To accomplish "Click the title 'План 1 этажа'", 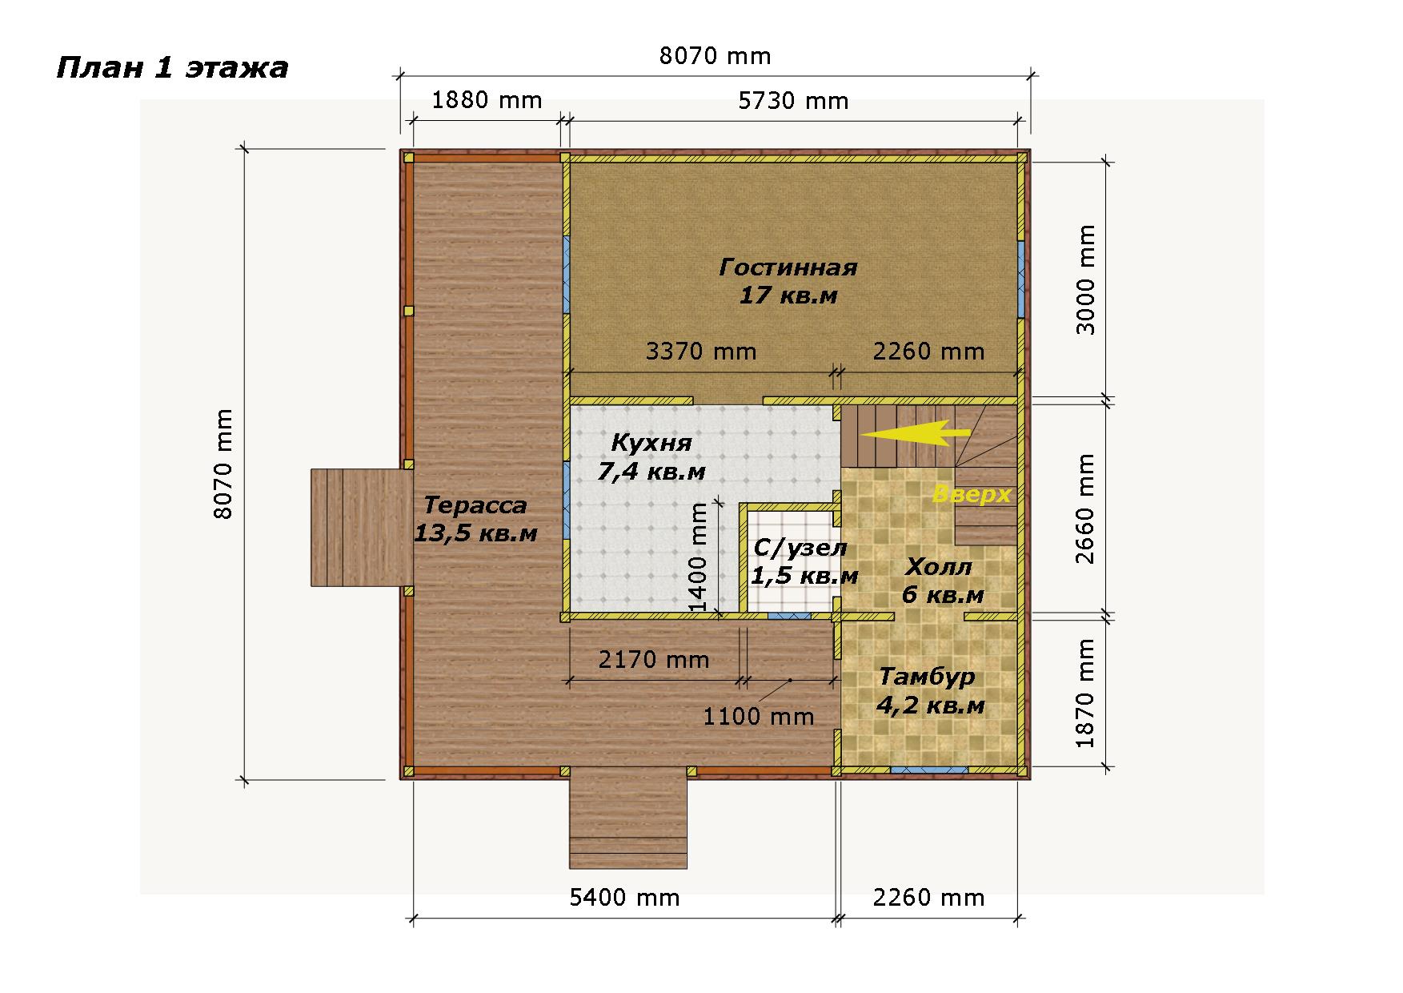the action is pos(172,69).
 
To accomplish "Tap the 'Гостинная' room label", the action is pos(788,267).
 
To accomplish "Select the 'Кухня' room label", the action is pos(651,443).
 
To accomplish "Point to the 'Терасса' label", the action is pos(475,505).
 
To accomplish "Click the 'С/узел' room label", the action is pos(800,549).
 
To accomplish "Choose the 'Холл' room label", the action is pos(939,567).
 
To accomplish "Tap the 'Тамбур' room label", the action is pos(928,677).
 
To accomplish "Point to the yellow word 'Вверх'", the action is pos(972,494).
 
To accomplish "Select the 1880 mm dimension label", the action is pos(487,100).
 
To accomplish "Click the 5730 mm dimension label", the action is pos(793,101).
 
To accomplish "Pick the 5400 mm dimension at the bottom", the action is pos(624,897).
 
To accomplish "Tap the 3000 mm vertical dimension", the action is pos(1085,279).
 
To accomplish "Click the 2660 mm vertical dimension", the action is pos(1085,509).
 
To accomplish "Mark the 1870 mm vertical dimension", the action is pos(1085,693).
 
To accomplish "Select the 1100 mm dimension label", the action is pos(759,716).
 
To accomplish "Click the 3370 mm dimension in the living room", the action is pos(701,351).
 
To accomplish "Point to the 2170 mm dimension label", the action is pos(654,659).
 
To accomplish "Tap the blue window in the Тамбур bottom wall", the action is pos(928,770).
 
